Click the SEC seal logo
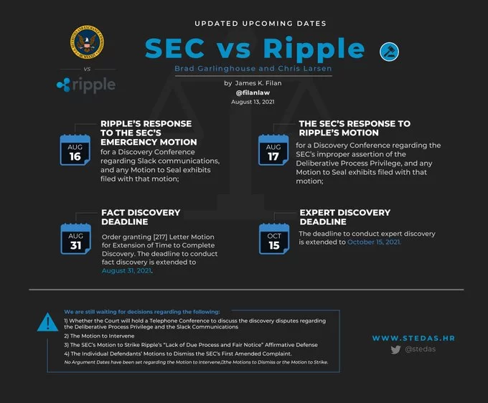click(x=87, y=42)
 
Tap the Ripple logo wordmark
click(x=86, y=85)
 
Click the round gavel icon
click(x=389, y=52)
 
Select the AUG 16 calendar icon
click(x=75, y=150)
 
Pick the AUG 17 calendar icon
click(x=273, y=150)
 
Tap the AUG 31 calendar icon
click(x=75, y=239)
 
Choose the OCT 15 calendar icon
click(x=274, y=239)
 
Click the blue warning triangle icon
click(x=47, y=322)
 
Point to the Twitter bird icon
click(x=395, y=350)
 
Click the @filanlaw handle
click(x=253, y=93)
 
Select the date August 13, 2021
click(x=253, y=102)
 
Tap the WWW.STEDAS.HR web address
click(x=413, y=338)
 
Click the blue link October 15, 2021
click(x=374, y=242)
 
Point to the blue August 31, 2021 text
click(x=127, y=271)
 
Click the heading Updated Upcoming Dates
click(x=261, y=24)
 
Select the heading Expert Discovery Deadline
click(x=345, y=217)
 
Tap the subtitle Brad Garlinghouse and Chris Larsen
click(x=253, y=68)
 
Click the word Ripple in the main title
click(x=314, y=49)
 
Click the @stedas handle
click(x=420, y=349)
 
